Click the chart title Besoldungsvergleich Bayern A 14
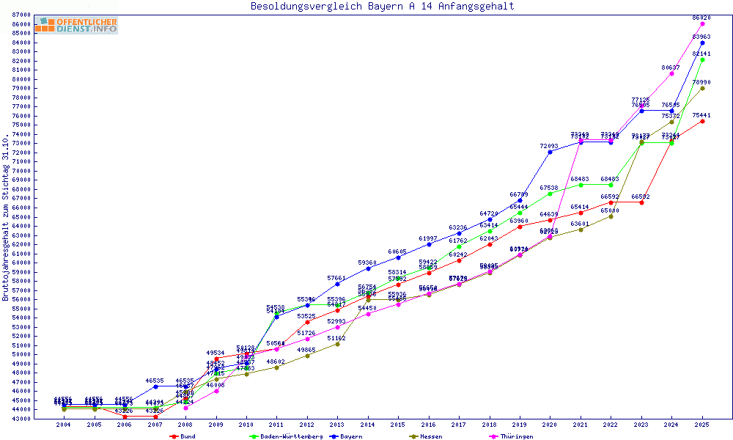pos(382,7)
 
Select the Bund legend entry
pos(183,436)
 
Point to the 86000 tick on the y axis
pos(21,24)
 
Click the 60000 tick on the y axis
pos(21,263)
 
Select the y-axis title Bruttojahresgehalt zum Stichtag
pos(7,217)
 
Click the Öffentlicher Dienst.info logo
pos(76,26)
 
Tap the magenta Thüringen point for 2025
pos(702,23)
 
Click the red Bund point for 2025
pos(702,121)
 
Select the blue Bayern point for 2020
pos(550,152)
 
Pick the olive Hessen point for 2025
pos(702,88)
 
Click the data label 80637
pos(671,67)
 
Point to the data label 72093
pos(549,146)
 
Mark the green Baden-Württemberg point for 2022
pos(611,185)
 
